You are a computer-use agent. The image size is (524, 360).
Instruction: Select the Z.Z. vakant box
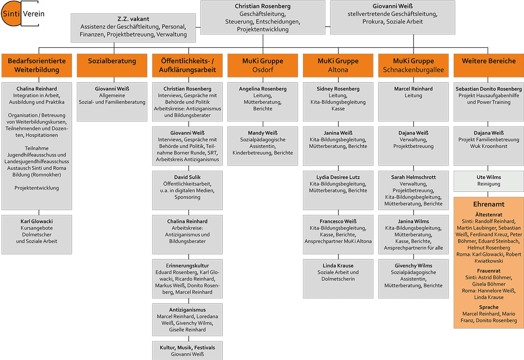point(133,27)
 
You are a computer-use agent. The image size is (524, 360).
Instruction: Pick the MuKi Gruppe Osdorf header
point(262,65)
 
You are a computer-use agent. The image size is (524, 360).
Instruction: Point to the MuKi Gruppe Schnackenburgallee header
point(413,65)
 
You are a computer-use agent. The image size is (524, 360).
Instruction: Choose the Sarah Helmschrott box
point(413,190)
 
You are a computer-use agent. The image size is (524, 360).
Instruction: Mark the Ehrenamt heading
point(489,204)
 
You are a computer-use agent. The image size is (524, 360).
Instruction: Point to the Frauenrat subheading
point(489,270)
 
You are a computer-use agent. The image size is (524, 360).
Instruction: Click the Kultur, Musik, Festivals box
point(187,350)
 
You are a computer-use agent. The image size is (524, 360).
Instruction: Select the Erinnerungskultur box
point(187,278)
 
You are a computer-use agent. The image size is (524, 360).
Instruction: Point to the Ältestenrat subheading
point(489,214)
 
